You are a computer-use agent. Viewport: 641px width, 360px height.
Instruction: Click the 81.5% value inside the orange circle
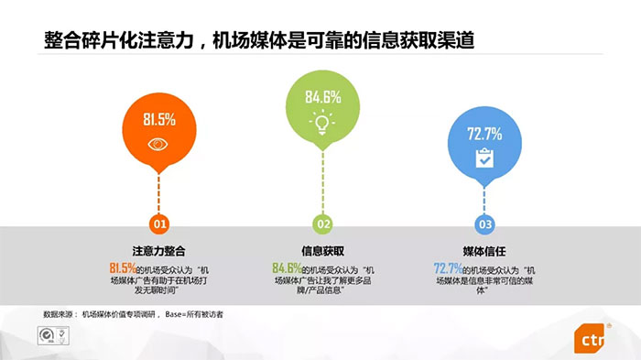pyautogui.click(x=159, y=119)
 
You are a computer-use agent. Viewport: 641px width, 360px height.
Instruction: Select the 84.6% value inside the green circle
pyautogui.click(x=322, y=95)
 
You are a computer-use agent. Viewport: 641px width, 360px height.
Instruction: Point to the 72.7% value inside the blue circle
pyautogui.click(x=484, y=134)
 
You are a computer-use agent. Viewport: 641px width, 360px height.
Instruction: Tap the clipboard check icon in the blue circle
pyautogui.click(x=484, y=158)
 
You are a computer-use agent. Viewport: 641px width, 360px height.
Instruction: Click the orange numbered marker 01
pyautogui.click(x=160, y=224)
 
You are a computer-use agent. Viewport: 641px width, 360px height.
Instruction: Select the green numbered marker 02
pyautogui.click(x=322, y=224)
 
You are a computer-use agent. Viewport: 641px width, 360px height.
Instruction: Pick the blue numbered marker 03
pyautogui.click(x=484, y=224)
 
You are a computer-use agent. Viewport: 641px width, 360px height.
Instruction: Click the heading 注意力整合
pyautogui.click(x=160, y=250)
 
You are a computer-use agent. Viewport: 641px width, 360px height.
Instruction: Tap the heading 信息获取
pyautogui.click(x=322, y=250)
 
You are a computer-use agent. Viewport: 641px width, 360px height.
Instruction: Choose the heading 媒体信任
pyautogui.click(x=484, y=250)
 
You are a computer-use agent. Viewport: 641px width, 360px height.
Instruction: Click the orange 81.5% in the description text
pyautogui.click(x=123, y=268)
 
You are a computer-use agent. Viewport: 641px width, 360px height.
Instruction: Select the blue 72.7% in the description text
pyautogui.click(x=448, y=268)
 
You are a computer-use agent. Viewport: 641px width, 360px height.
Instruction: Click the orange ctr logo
pyautogui.click(x=592, y=339)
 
